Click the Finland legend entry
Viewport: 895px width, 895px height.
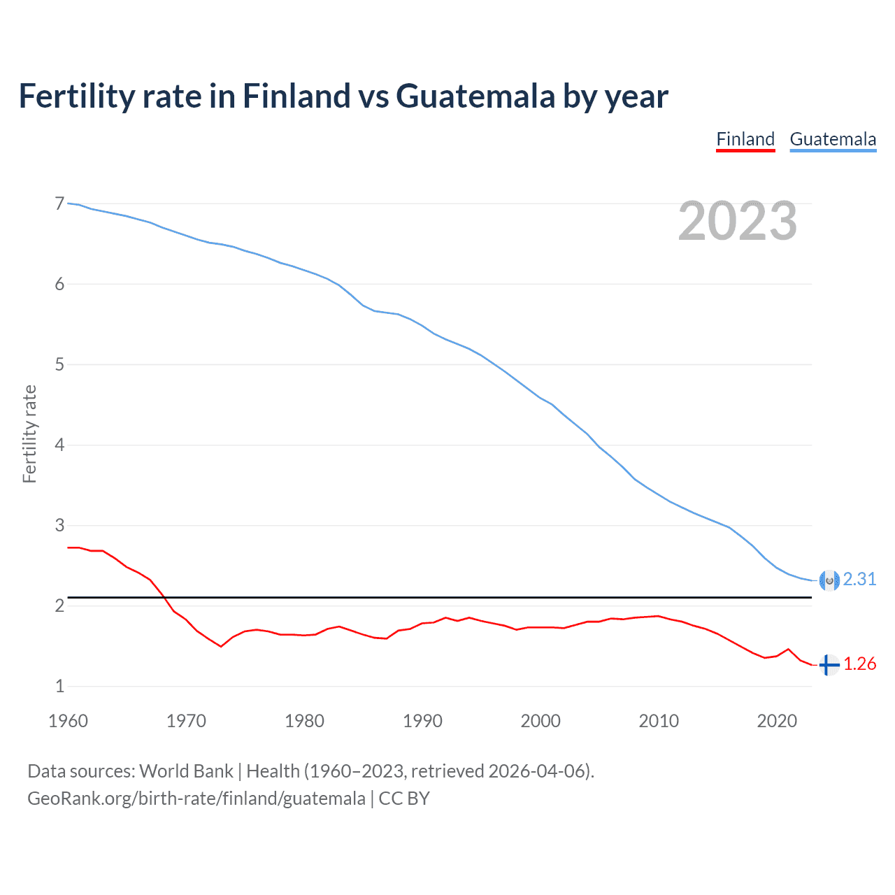point(745,139)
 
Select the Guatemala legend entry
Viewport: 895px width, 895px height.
point(833,139)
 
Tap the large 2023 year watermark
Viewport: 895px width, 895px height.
point(737,221)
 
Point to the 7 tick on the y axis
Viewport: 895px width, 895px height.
point(59,204)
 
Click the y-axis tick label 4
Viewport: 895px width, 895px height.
point(59,445)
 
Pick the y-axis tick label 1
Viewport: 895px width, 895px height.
point(59,687)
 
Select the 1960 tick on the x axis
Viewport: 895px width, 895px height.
point(68,721)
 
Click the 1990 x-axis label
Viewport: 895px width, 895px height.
point(422,721)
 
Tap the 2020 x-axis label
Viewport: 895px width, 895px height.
point(777,721)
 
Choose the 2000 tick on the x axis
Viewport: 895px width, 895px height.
point(540,721)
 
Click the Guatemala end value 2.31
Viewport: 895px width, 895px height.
point(859,580)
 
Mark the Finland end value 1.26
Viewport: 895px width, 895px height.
point(859,664)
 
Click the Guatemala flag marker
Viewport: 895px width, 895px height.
point(829,580)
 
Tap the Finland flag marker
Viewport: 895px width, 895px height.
point(829,665)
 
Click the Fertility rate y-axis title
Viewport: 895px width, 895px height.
point(29,434)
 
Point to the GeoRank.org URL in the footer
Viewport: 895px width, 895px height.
point(196,799)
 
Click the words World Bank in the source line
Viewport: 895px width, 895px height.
point(186,771)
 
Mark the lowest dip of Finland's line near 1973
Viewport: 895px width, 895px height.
point(221,646)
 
